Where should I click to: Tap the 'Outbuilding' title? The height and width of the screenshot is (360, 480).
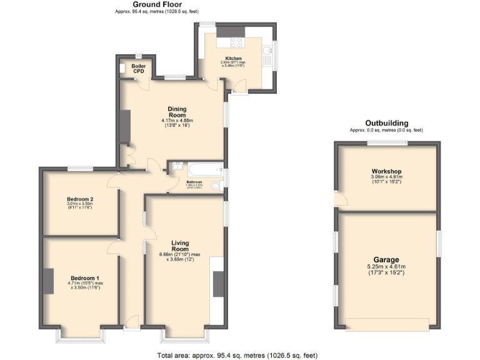click(387, 123)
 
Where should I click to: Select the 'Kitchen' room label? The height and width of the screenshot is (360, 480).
click(225, 58)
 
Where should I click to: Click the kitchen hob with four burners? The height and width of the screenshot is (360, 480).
click(237, 42)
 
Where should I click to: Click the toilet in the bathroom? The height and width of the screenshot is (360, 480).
click(216, 186)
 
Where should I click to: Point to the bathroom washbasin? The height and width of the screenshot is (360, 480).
click(176, 166)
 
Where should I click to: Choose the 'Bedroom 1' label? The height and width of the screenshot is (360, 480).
click(84, 278)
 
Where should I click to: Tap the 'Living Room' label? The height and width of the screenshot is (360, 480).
click(176, 245)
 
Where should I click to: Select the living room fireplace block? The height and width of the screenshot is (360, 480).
click(218, 284)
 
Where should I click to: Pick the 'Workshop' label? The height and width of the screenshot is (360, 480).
click(386, 171)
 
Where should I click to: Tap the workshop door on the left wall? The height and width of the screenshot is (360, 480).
click(337, 199)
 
